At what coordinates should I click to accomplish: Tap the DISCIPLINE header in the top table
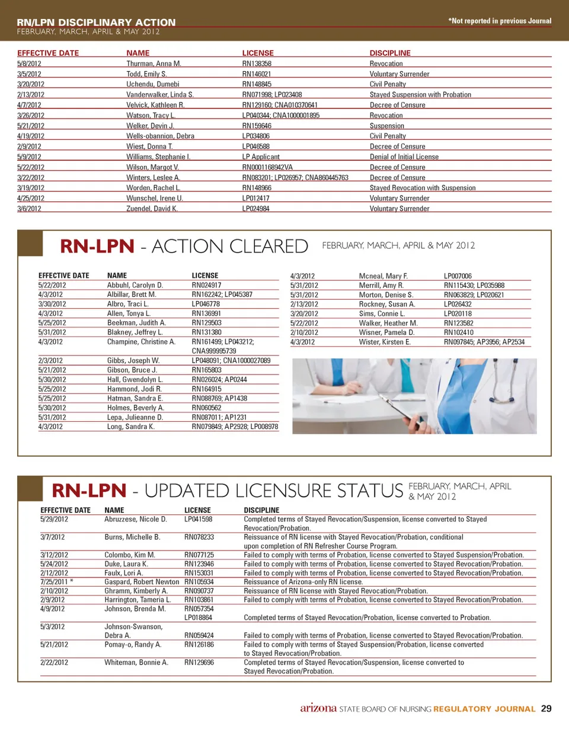389,53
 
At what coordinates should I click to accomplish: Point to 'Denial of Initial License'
404,157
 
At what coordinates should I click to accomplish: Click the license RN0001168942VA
268,167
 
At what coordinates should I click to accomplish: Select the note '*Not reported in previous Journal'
500,21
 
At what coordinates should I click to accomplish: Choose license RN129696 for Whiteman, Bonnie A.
199,662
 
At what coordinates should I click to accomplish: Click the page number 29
546,709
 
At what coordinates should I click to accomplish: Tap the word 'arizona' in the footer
319,709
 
